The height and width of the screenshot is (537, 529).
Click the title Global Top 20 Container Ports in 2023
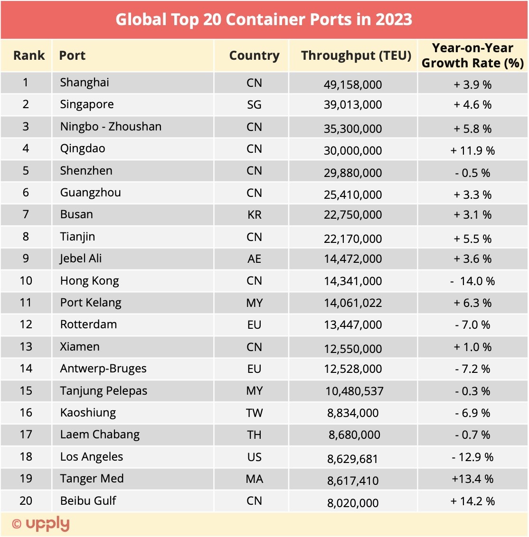(264, 19)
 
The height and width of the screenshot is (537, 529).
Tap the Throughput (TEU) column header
(356, 56)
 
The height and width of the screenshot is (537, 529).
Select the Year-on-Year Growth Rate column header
(472, 56)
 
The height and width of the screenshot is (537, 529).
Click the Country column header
(254, 56)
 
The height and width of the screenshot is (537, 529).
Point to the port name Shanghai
(85, 83)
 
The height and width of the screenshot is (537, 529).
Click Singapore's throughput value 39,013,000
(353, 105)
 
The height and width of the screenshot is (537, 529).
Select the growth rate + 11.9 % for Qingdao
(472, 151)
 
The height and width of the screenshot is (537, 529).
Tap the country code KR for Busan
(254, 215)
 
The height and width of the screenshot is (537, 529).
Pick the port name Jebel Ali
(81, 259)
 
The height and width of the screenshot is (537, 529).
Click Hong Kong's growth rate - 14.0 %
(472, 281)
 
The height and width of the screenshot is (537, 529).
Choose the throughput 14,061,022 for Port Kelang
(353, 303)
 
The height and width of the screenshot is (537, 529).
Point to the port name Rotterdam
(88, 324)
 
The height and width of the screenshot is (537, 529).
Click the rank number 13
(26, 347)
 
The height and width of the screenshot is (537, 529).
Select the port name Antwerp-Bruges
(103, 369)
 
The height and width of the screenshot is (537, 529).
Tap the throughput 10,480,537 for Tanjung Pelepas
(354, 391)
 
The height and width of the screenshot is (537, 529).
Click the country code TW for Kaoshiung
(254, 413)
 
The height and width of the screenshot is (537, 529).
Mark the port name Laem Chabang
(100, 435)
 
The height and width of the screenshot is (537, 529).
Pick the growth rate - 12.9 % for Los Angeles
(472, 457)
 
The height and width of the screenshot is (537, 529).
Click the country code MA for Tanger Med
(254, 479)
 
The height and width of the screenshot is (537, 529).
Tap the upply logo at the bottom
(47, 524)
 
